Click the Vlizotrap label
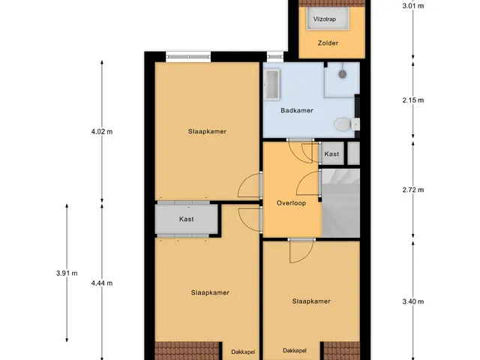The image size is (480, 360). pos(325,19)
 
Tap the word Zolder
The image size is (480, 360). pos(328,43)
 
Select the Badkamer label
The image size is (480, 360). pos(297,110)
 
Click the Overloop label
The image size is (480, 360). pos(291,203)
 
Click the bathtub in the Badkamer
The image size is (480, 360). pos(271,85)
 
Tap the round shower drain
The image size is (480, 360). pos(342,74)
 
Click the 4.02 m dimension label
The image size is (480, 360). pos(102,132)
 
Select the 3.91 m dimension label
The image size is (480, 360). pos(67,273)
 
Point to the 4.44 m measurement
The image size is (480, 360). pos(102,283)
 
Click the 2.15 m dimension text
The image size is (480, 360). pos(413,100)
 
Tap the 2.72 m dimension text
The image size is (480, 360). pos(413,190)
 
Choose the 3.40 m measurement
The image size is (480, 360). pos(413,301)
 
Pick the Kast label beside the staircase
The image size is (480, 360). pos(331,154)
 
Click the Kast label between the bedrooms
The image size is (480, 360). pos(187,219)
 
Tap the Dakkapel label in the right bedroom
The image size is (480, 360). pos(295,350)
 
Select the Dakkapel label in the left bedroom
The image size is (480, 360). pos(243,352)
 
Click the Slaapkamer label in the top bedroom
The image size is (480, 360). pos(207,132)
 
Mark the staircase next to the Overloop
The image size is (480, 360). pos(340,202)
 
